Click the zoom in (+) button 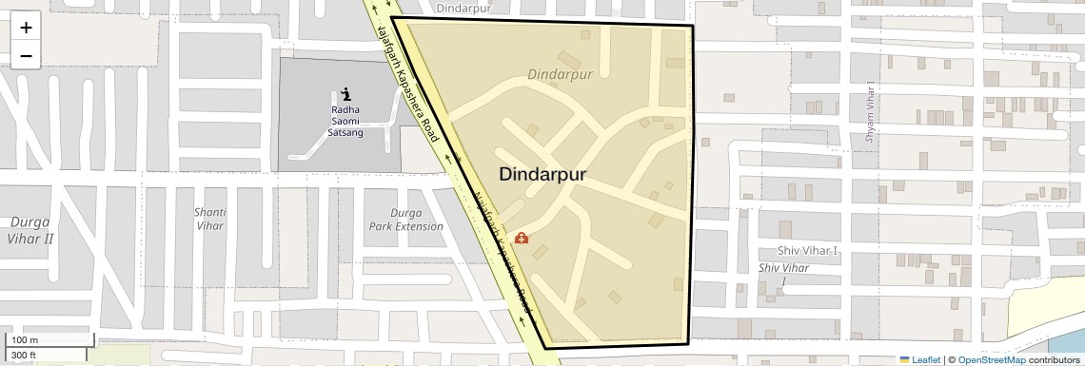[26, 28]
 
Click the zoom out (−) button [26, 55]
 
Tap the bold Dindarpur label [542, 175]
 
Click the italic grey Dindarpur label [560, 74]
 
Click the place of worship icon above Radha [345, 94]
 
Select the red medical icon [522, 238]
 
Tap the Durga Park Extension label [405, 220]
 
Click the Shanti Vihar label [209, 220]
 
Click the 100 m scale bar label [25, 340]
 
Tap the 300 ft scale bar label [25, 356]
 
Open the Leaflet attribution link [919, 360]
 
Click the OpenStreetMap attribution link [991, 360]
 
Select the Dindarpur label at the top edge [466, 8]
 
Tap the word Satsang [345, 133]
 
